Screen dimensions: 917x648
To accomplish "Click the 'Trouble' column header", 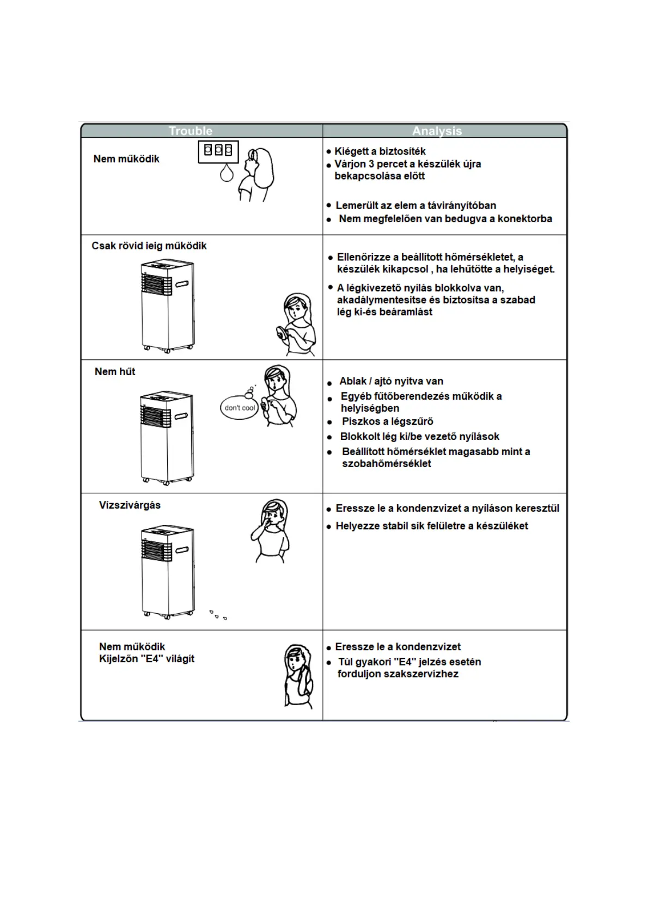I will (x=190, y=131).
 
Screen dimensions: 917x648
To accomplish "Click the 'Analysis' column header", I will (x=437, y=131).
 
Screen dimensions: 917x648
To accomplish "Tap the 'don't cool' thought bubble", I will (x=240, y=407).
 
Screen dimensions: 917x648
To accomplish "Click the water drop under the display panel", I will (x=227, y=173).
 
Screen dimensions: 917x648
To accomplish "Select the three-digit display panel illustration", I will (x=218, y=151).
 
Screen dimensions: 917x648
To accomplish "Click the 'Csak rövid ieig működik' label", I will (x=149, y=246).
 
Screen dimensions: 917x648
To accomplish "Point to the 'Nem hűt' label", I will (x=114, y=371).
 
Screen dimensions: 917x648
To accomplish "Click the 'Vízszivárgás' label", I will (x=130, y=505).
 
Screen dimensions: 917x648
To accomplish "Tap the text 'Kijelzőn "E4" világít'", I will (x=146, y=658).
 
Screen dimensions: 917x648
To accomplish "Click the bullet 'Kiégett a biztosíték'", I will (x=380, y=151).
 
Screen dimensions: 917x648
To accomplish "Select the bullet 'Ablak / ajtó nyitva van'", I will (x=391, y=381).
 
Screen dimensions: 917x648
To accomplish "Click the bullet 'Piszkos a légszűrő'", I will (x=387, y=421).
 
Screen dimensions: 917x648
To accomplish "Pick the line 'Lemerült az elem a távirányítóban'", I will (x=415, y=205).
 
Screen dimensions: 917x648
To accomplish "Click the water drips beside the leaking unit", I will (x=218, y=615).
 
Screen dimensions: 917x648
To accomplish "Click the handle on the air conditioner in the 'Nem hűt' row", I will (x=181, y=416).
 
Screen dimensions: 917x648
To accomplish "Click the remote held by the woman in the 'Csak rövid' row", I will (x=282, y=333).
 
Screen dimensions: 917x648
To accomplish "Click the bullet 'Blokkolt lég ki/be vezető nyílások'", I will (x=419, y=437).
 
